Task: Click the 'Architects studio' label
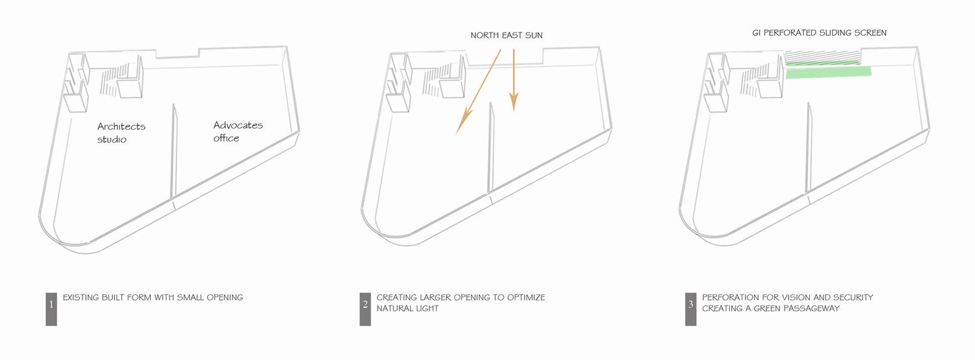point(121,133)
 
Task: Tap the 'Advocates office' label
point(238,131)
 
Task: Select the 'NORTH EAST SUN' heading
point(506,35)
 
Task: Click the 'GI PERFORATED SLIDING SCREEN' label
point(819,32)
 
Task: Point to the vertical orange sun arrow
point(514,80)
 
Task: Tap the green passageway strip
point(829,72)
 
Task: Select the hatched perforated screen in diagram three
point(823,58)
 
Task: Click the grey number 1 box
point(51,309)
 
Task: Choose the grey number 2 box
point(365,309)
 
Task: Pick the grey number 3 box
point(691,309)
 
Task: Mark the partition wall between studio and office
point(174,151)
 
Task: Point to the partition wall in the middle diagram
point(491,148)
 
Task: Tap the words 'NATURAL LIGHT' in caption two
point(408,308)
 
